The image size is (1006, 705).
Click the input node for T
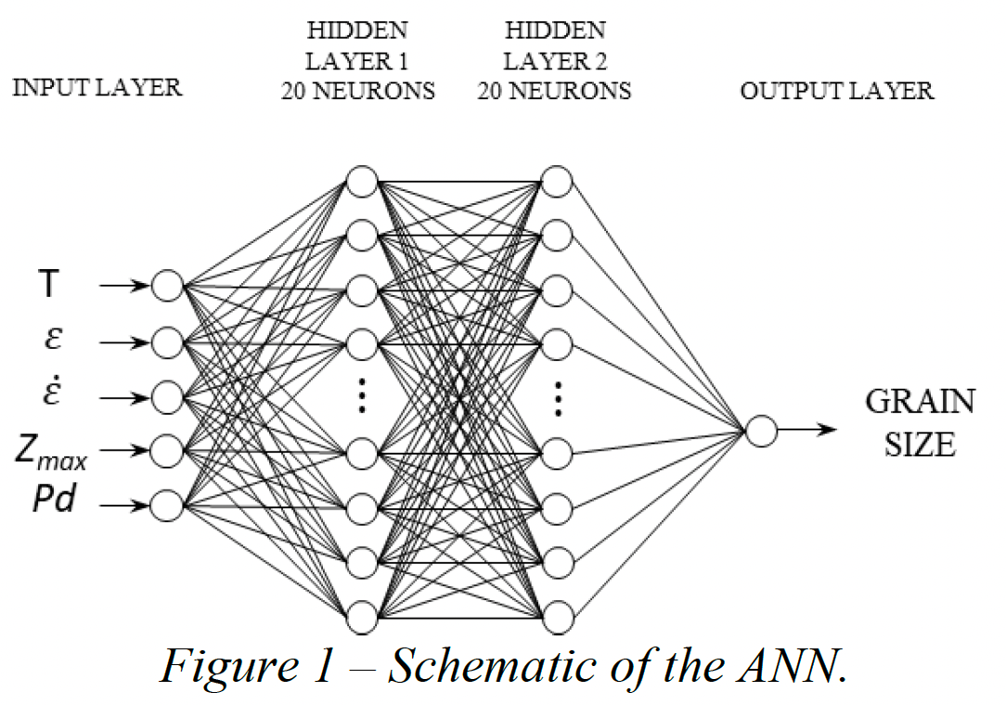pos(167,286)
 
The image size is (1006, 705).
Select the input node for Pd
pos(167,505)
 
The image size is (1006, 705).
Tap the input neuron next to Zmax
pos(167,451)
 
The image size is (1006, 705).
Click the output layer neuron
pos(762,430)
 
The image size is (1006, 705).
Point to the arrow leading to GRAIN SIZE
pos(807,429)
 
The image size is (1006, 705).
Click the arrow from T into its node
pos(124,286)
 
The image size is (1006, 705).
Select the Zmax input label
pos(50,452)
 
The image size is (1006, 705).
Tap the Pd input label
pos(54,498)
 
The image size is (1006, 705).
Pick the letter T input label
pos(49,283)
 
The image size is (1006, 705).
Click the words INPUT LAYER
pos(97,87)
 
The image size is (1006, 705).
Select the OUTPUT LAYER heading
pos(836,91)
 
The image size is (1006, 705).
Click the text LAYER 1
pos(356,61)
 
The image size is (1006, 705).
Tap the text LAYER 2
pos(555,61)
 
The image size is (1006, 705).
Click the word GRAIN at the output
pos(920,402)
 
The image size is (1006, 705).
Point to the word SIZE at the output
pos(920,444)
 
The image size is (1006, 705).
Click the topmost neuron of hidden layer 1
pos(362,182)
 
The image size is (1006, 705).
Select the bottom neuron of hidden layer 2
pos(557,617)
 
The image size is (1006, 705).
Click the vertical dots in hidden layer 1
pos(362,395)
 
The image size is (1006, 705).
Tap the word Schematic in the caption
pos(493,667)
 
